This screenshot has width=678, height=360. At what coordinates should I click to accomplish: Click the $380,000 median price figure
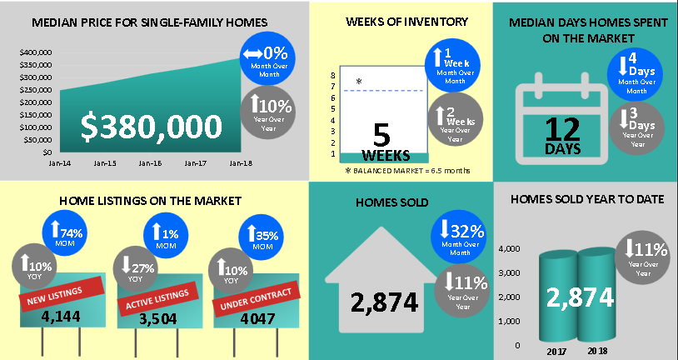point(152,127)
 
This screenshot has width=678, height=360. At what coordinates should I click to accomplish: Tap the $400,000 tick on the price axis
point(36,52)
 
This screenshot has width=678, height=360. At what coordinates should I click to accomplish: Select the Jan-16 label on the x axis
point(151,163)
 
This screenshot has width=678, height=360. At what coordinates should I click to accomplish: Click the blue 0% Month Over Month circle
point(267,58)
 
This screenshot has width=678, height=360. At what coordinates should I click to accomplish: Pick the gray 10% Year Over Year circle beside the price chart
point(267,112)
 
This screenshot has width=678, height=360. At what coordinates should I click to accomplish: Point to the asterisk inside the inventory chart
point(359,82)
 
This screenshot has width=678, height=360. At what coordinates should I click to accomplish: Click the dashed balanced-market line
point(383,91)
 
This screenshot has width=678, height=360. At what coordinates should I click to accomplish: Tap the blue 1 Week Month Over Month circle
point(452,65)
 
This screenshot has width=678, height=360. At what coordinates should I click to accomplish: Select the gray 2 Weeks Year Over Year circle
point(456,119)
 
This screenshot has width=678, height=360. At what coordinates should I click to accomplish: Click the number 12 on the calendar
point(562,129)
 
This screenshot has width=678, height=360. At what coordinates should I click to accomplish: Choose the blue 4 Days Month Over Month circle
point(635,74)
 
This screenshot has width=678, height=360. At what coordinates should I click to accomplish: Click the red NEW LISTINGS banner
point(62,295)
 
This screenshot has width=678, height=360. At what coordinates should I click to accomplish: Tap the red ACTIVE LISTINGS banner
point(157,299)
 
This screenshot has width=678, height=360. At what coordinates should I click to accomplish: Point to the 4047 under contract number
point(257,319)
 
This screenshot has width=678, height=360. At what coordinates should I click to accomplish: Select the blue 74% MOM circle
point(64,232)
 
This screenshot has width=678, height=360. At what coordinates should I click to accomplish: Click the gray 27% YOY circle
point(135,268)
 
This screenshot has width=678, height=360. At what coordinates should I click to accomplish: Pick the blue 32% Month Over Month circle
point(458,237)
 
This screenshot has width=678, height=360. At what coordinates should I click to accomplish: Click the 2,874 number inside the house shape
point(385,302)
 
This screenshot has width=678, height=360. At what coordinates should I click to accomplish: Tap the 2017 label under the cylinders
point(556,352)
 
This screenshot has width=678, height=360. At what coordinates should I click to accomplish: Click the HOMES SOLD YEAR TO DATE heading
point(587,199)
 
